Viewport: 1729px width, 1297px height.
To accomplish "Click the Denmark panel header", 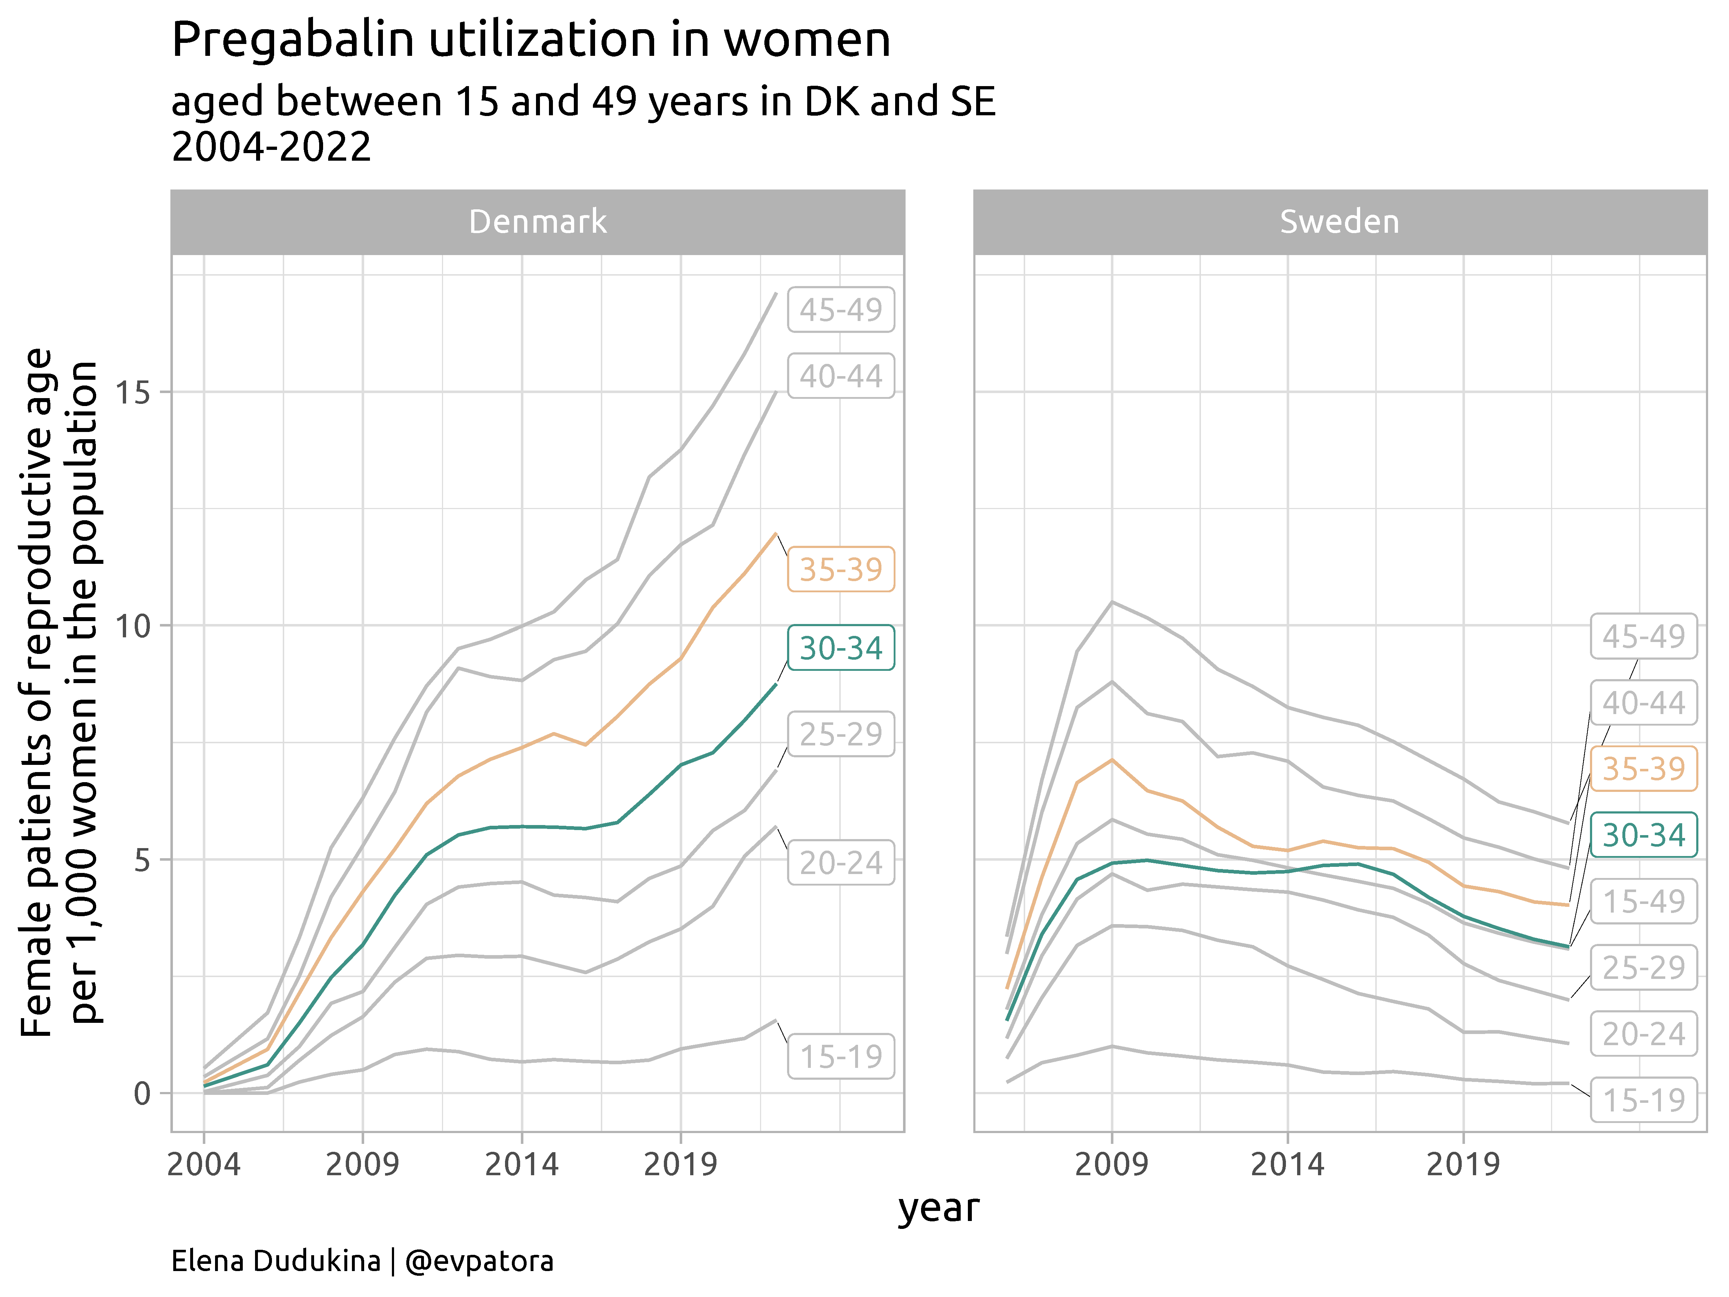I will (x=538, y=222).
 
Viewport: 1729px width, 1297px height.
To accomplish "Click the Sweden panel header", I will (x=1340, y=222).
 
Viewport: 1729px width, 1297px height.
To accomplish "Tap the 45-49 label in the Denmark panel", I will (x=840, y=310).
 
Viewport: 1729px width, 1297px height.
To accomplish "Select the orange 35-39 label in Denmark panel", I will (x=840, y=569).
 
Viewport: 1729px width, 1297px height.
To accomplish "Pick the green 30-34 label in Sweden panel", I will (x=1644, y=835).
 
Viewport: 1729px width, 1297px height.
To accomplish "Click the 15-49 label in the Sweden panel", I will (x=1644, y=901).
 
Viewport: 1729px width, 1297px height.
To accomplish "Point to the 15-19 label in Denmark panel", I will (x=840, y=1056).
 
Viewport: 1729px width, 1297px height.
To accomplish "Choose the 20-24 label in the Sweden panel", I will (x=1644, y=1034).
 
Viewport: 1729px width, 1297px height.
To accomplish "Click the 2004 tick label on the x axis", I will (x=204, y=1164).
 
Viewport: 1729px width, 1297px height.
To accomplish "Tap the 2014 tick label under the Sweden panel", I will (x=1287, y=1164).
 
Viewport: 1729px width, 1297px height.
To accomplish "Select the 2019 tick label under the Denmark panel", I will (x=680, y=1164).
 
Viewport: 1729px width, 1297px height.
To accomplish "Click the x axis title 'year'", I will (x=938, y=1209).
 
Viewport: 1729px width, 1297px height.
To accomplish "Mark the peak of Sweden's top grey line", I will (x=1112, y=602).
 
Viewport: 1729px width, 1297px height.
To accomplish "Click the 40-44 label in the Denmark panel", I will (x=840, y=376).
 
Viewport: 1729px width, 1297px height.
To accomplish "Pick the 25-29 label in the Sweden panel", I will (x=1644, y=968).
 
